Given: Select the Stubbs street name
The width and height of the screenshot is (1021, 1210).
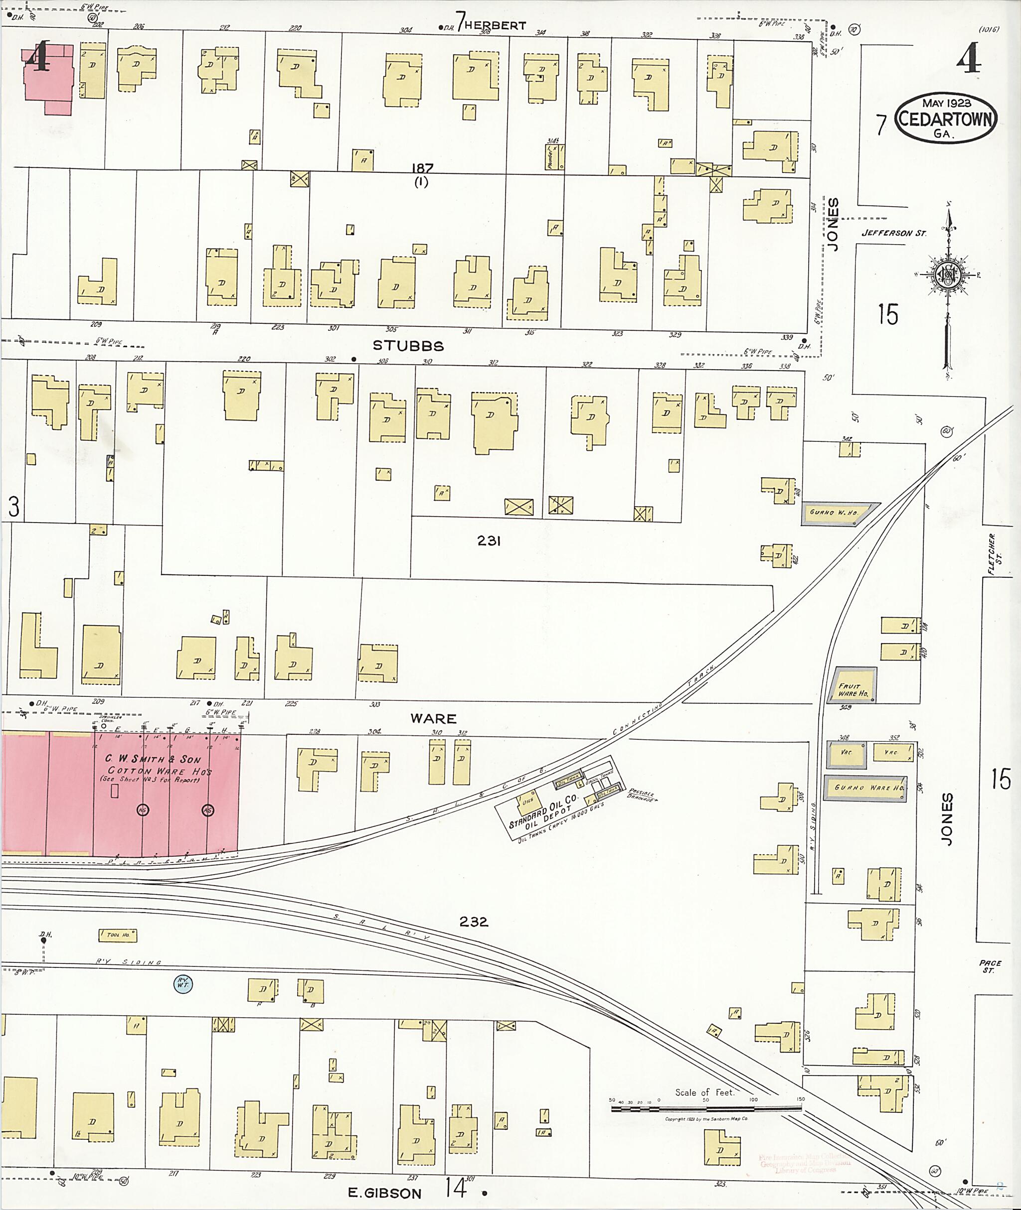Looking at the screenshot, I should pos(408,346).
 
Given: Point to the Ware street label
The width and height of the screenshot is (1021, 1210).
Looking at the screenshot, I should pos(434,718).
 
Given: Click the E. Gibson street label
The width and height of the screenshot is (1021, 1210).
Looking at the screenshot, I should pos(384,1193).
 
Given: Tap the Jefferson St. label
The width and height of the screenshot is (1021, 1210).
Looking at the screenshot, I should pos(893,233).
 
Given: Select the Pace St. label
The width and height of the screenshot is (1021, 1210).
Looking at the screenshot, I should pos(990,966).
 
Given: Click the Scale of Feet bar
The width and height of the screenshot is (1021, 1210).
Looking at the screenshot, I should pos(706,1107).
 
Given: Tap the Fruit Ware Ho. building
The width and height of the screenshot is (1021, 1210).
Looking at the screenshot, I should pos(853,686).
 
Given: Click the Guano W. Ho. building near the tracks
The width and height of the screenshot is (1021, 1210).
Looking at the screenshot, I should pos(837,513).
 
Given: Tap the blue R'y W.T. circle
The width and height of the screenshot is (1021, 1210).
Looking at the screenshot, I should pos(183,983).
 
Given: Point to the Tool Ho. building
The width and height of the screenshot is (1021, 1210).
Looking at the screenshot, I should pos(118,935).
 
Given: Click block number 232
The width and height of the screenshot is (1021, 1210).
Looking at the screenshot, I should pos(474,922).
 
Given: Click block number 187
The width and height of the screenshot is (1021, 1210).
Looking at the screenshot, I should pos(422,168).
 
